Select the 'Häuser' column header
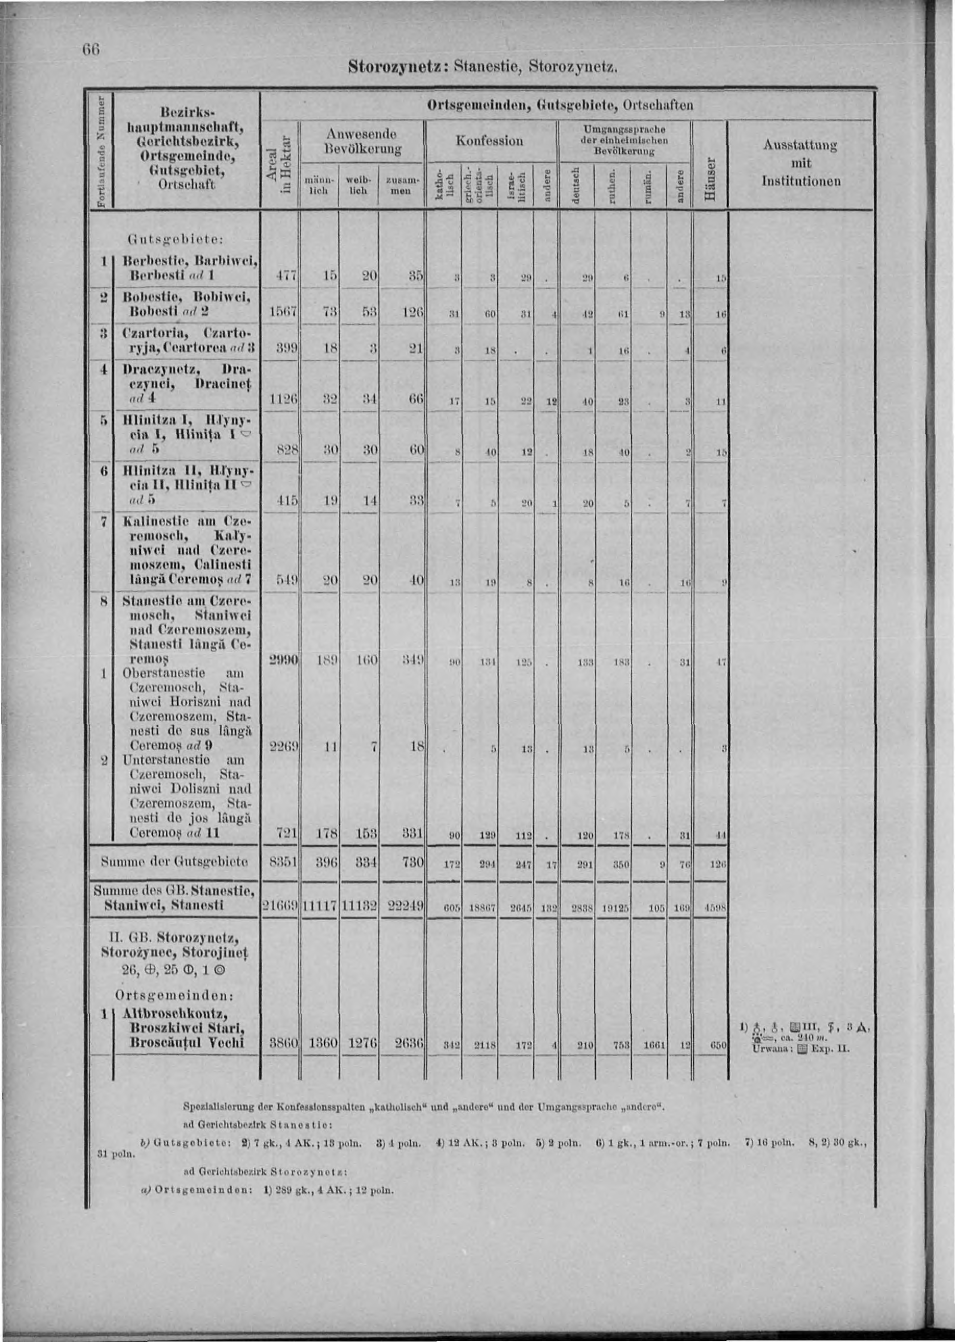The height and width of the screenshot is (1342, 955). click(710, 179)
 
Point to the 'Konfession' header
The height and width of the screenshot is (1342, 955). click(490, 141)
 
